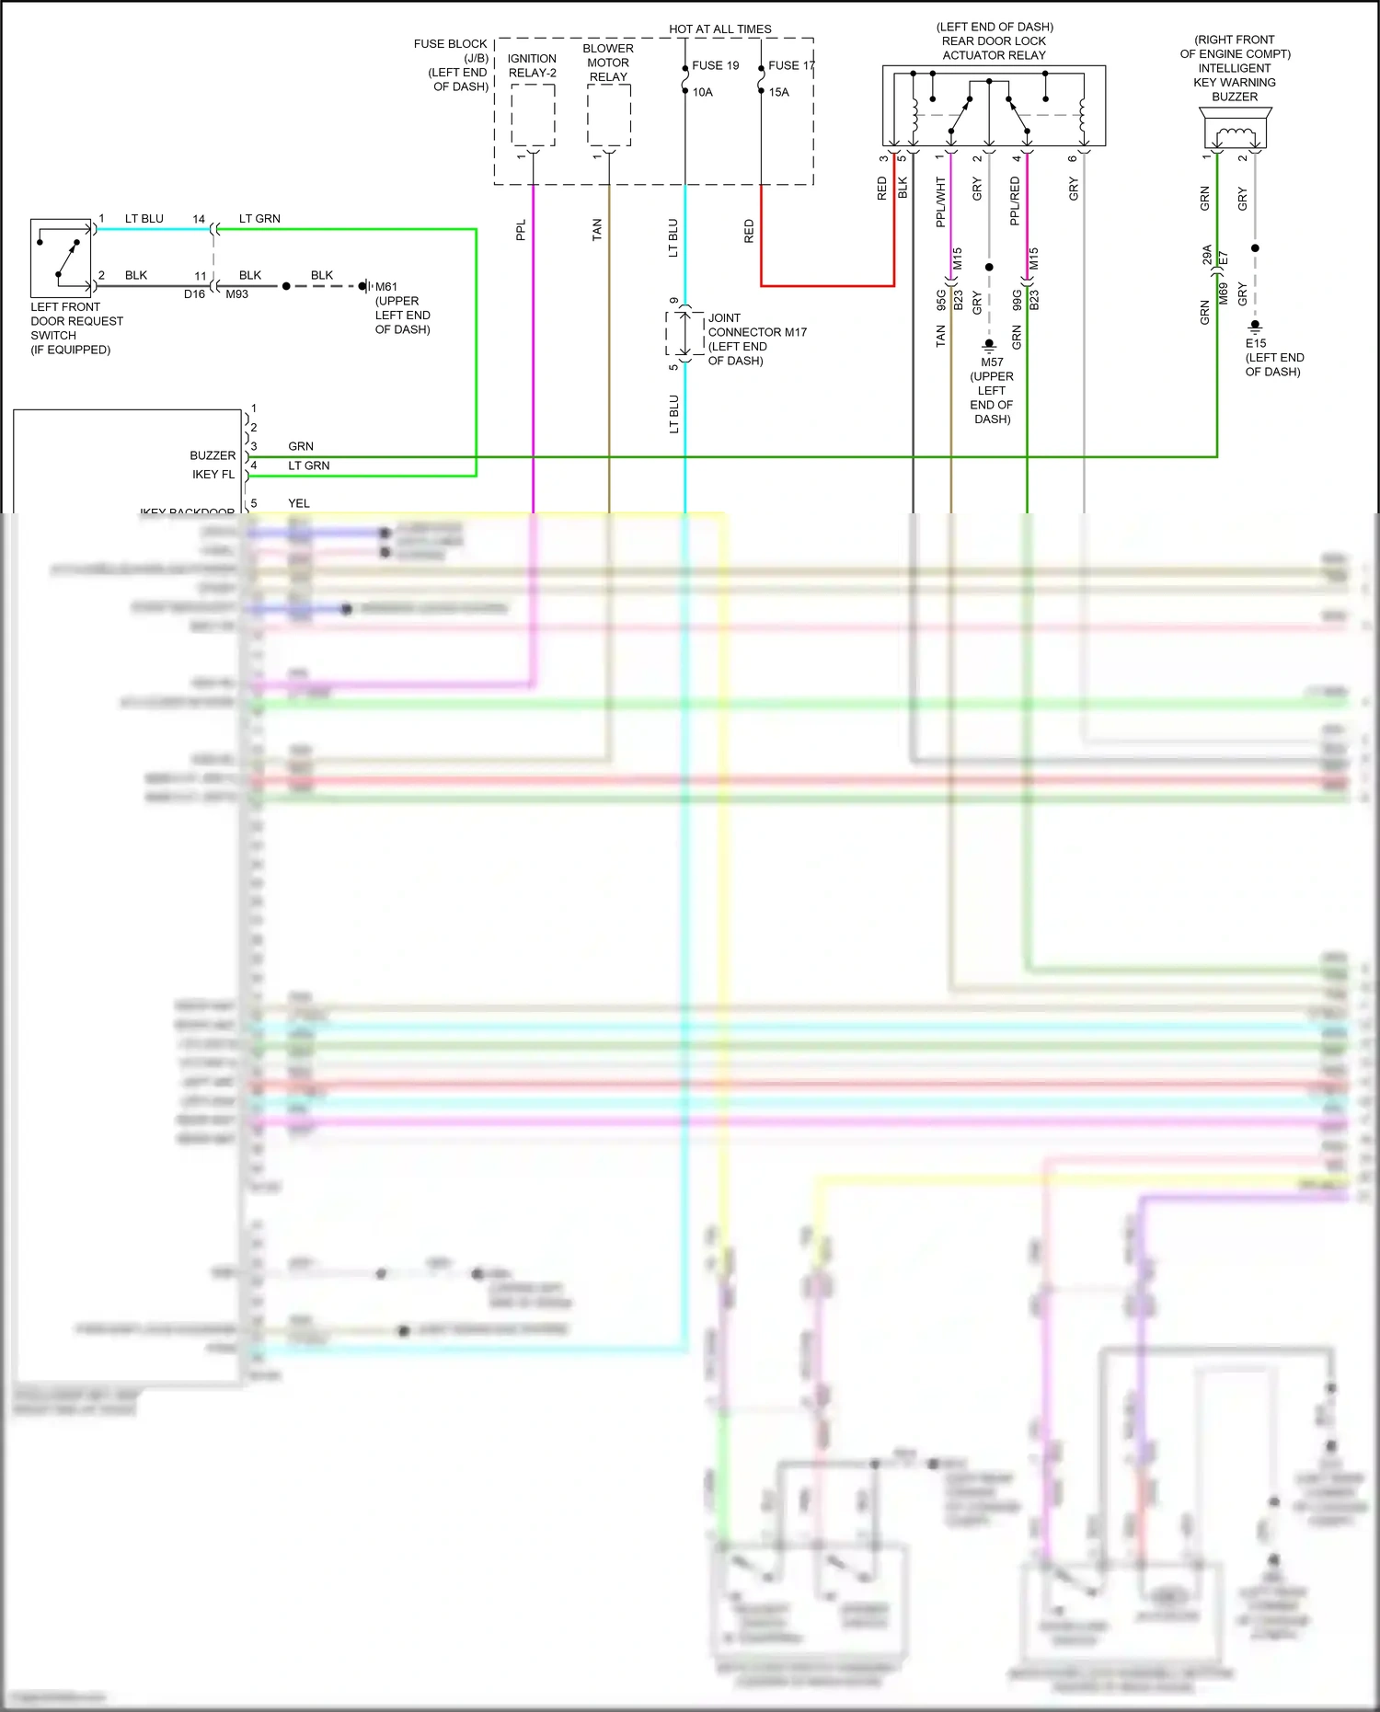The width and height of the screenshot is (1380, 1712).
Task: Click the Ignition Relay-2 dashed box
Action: [x=533, y=115]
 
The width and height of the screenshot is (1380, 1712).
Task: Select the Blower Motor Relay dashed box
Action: [x=608, y=115]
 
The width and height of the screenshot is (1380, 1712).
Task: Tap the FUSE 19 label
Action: [x=715, y=65]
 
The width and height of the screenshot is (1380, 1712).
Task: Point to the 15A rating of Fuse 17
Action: [x=778, y=92]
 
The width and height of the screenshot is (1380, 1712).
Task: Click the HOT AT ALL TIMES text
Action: [x=719, y=29]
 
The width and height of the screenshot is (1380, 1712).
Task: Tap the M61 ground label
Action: [x=386, y=287]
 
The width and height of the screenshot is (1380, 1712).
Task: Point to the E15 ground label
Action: [x=1255, y=343]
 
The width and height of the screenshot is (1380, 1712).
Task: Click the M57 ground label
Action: [x=992, y=362]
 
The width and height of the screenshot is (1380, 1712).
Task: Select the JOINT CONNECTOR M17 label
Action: [x=756, y=325]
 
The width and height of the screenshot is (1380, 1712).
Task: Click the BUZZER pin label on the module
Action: [x=213, y=455]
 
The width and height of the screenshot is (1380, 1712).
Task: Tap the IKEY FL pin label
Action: [x=213, y=475]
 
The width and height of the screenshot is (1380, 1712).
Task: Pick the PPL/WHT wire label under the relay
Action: [x=940, y=202]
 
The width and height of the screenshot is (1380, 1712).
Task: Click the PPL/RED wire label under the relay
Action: [x=1016, y=202]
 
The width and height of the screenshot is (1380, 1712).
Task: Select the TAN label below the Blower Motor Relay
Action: [x=597, y=230]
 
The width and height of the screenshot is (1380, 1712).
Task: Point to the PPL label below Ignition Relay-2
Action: [x=521, y=230]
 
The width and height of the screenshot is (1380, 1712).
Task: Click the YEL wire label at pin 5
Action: [x=299, y=503]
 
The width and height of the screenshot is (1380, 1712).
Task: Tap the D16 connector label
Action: [x=194, y=294]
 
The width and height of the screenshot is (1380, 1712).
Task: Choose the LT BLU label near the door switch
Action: [x=144, y=219]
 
